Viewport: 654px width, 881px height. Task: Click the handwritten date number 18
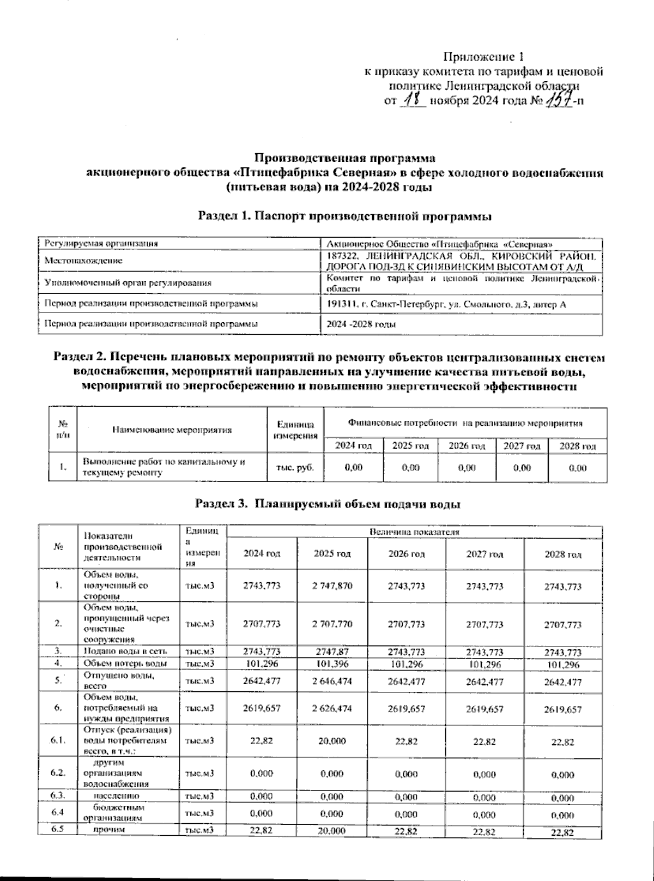coord(413,100)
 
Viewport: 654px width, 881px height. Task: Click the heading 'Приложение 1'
coord(485,57)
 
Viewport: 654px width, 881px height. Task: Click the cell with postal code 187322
coord(461,261)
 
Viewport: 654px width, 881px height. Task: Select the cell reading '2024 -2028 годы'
coord(361,324)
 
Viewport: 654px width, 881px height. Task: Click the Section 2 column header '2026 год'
coord(467,446)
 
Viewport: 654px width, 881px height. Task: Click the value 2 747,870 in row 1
coord(332,586)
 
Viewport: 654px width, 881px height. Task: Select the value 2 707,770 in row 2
coord(332,624)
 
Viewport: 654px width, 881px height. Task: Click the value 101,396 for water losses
coord(332,664)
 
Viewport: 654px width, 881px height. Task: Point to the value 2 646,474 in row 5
coord(332,681)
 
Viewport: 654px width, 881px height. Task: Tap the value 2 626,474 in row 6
coord(332,709)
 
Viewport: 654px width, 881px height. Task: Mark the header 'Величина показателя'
coord(414,532)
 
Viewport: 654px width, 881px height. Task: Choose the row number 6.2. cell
coord(58,773)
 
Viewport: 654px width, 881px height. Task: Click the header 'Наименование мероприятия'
coord(172,430)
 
